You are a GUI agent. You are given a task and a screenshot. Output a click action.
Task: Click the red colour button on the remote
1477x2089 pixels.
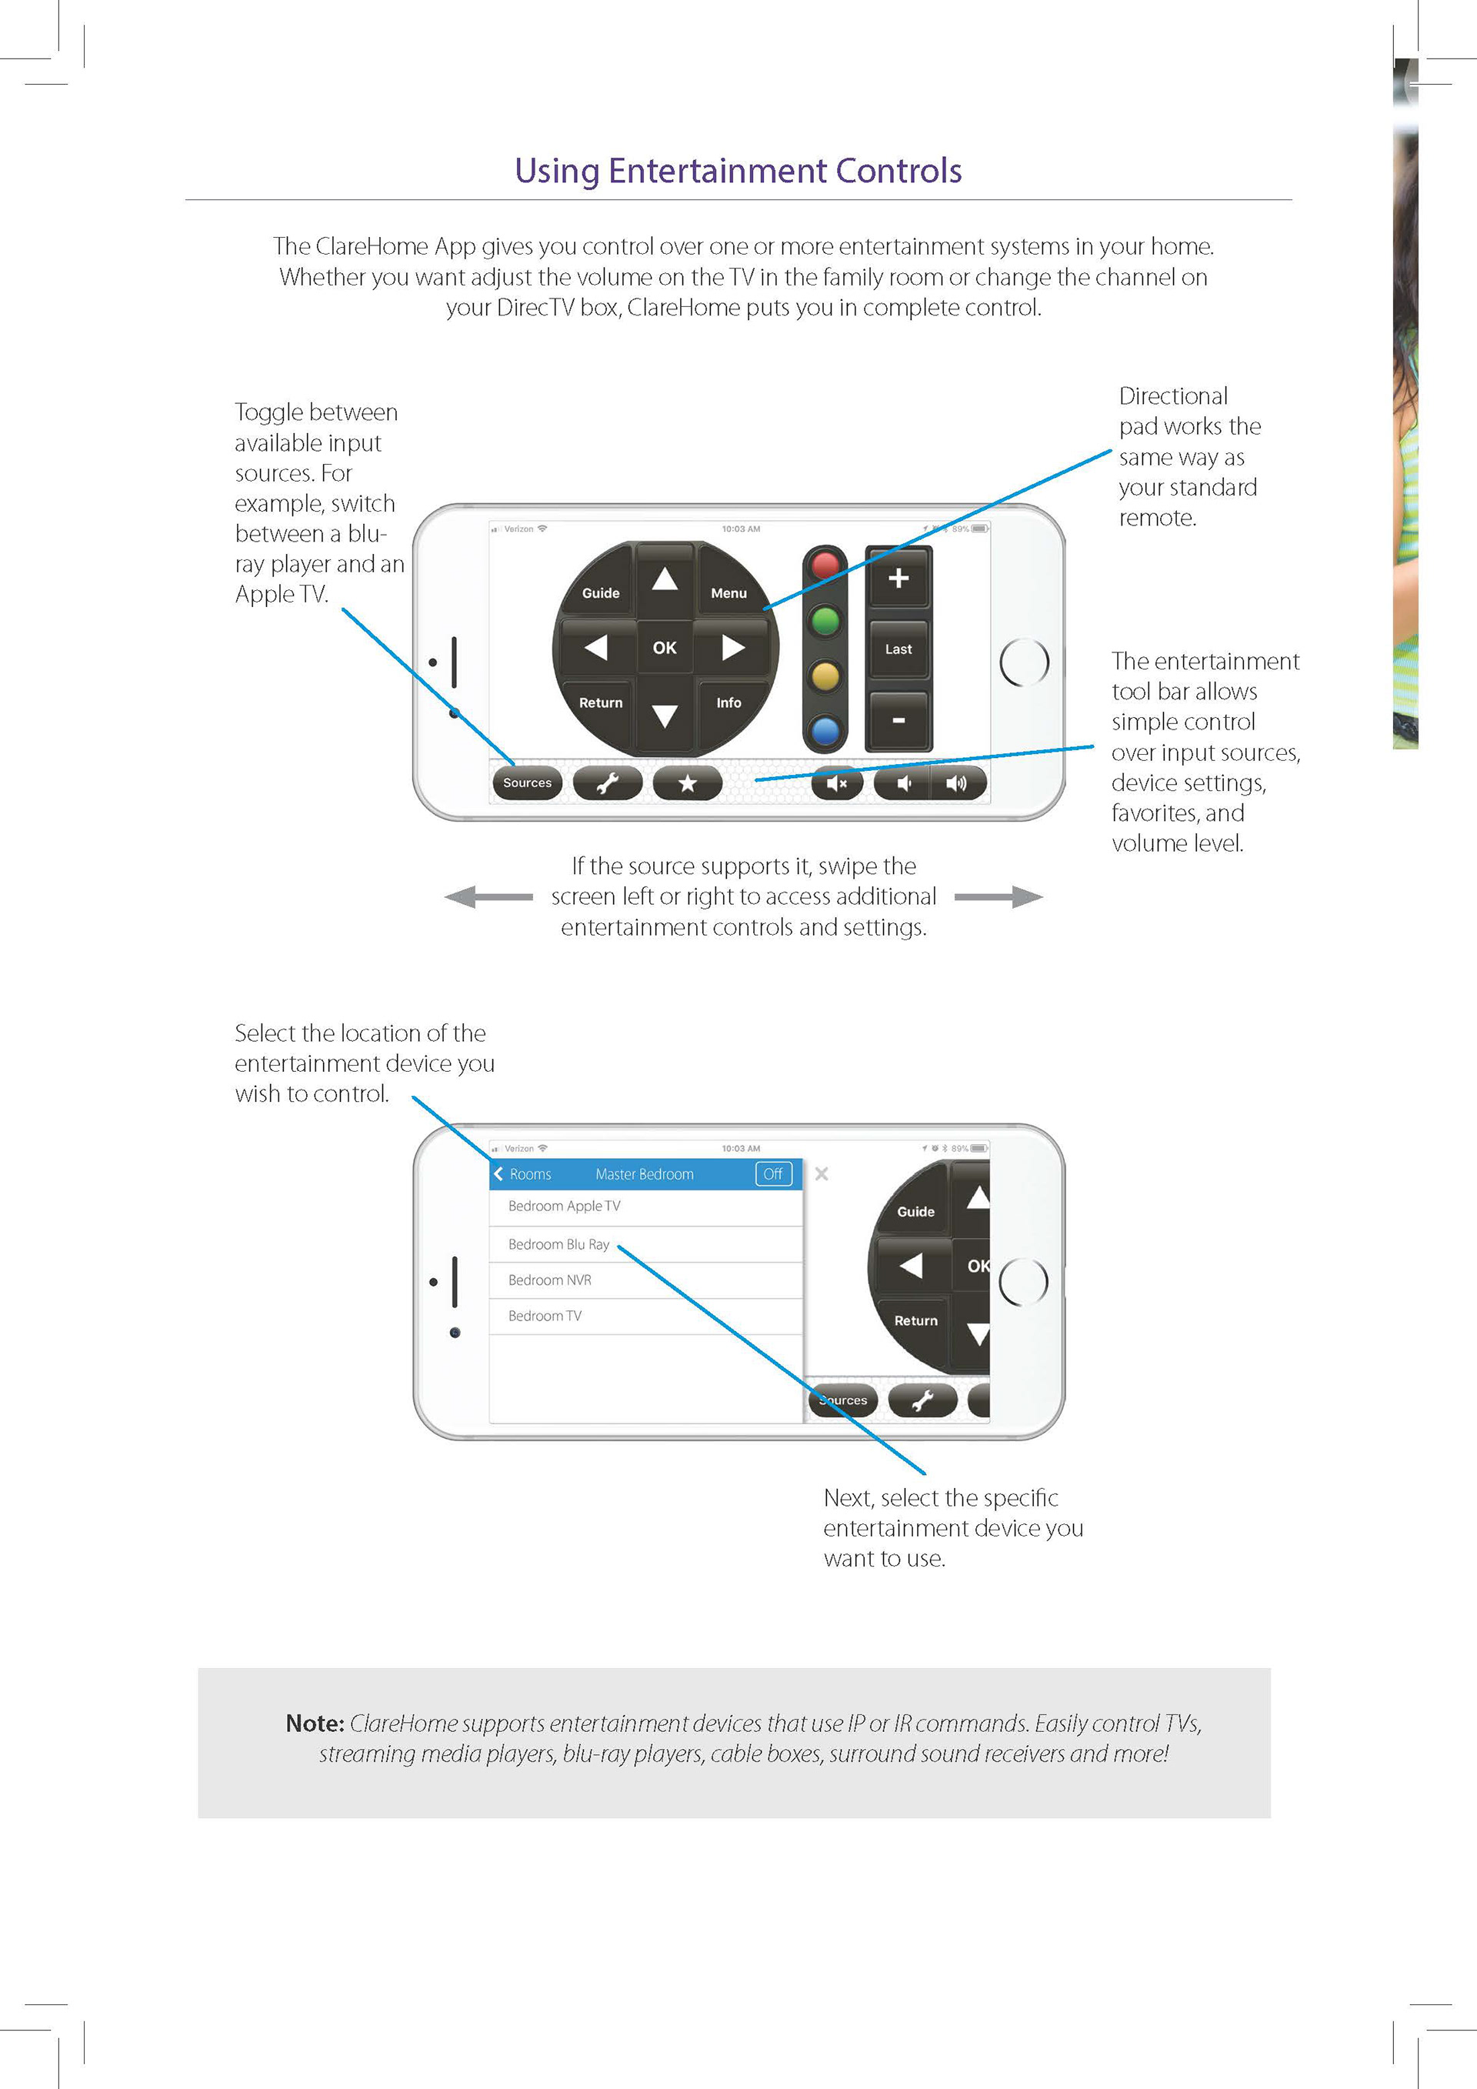coord(825,565)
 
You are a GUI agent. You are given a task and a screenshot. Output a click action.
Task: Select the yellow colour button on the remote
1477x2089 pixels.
coord(825,676)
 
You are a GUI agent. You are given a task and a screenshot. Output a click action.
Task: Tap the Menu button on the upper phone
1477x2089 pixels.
coord(728,592)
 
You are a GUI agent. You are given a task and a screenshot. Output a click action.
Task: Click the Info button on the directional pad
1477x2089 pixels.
coord(728,702)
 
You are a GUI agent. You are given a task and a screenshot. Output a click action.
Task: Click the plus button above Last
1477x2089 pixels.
coord(899,579)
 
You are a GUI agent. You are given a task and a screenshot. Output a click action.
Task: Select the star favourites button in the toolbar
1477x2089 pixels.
coord(688,783)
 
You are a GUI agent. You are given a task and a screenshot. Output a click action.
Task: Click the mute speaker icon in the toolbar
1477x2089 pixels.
coord(837,783)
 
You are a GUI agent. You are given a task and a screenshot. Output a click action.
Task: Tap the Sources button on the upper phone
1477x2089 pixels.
coord(528,783)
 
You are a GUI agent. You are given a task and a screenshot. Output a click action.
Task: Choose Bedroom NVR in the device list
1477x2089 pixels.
coord(549,1280)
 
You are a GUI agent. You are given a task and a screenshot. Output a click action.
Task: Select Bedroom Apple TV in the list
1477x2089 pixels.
coord(564,1206)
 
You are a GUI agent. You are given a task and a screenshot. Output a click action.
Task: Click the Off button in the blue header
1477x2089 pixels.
coord(773,1173)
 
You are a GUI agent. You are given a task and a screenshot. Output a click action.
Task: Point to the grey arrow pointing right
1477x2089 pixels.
coord(999,897)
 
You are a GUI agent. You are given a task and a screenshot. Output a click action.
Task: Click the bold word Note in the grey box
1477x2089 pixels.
coord(315,1724)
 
